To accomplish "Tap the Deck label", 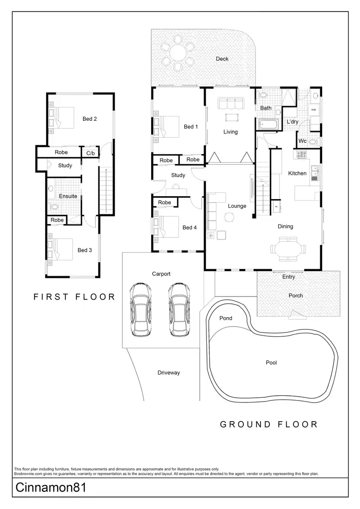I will (x=222, y=59).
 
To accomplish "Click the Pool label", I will (x=271, y=363).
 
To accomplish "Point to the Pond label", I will (x=226, y=318).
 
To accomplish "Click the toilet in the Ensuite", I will (x=54, y=207).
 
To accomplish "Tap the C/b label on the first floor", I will (x=90, y=153).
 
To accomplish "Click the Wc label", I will (x=302, y=141).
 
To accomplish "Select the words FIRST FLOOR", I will (x=74, y=297).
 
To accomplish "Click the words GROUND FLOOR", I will (x=269, y=424).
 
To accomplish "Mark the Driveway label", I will (x=168, y=372).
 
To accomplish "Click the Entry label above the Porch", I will (x=288, y=277).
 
